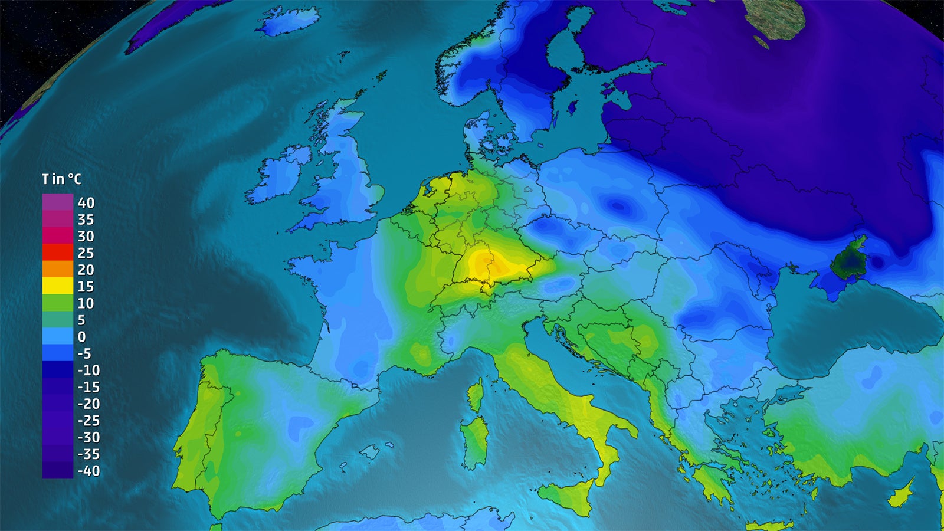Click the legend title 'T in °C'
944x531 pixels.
[61, 179]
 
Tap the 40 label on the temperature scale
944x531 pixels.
[86, 203]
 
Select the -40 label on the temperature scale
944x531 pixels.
[89, 471]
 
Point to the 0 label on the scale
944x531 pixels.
[81, 337]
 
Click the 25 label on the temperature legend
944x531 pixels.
[86, 253]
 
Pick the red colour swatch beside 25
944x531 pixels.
[57, 253]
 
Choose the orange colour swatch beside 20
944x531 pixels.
[57, 269]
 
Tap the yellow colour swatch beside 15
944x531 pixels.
[57, 286]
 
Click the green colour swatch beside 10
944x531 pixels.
[57, 303]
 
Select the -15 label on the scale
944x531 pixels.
[89, 387]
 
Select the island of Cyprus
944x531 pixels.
[901, 492]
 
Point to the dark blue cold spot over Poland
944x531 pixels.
[617, 205]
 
